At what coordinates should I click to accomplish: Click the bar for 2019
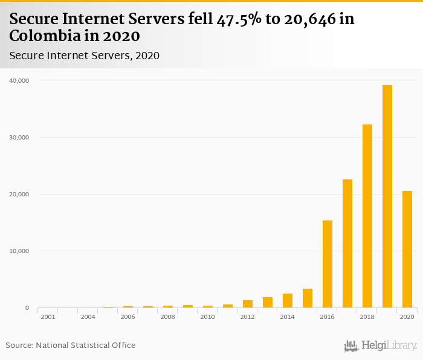coord(387,196)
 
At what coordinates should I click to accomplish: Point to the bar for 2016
coord(328,264)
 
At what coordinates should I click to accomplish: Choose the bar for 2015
coord(308,298)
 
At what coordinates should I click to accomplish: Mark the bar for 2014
coord(288,301)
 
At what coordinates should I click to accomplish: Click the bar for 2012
coord(248,304)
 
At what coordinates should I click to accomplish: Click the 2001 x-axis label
coord(48,317)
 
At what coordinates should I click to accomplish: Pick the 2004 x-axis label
coord(88,317)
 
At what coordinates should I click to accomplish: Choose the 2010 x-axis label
coord(207,317)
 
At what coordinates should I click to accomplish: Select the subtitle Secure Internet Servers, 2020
coord(84,56)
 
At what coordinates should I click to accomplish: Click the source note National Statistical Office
coord(85,345)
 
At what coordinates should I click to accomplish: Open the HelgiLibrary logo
coord(380,346)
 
